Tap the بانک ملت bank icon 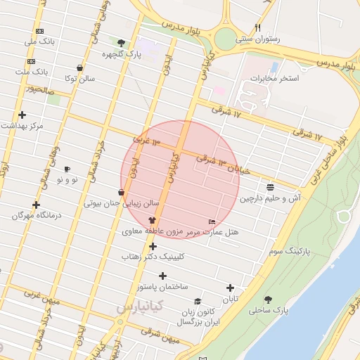click(x=32, y=61)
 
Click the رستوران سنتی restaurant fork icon click(x=258, y=28)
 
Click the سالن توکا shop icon click(x=79, y=68)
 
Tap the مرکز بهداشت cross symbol click(x=22, y=115)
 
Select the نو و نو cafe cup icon click(x=67, y=169)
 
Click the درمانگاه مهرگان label click(x=37, y=215)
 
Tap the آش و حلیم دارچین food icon click(x=271, y=186)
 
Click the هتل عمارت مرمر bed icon click(x=212, y=221)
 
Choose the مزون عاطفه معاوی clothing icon click(x=152, y=220)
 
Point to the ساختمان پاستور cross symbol click(x=163, y=276)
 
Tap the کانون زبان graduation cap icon click(x=198, y=301)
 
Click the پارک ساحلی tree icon click(x=268, y=300)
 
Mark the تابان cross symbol click(x=230, y=288)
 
